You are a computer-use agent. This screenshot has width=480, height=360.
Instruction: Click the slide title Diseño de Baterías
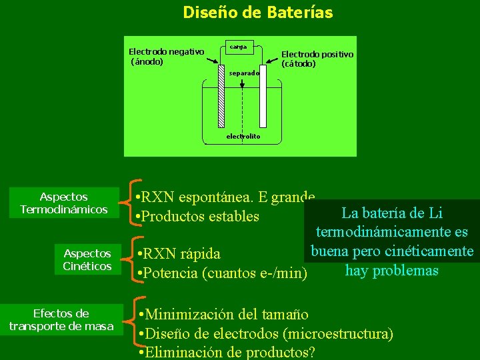(258, 12)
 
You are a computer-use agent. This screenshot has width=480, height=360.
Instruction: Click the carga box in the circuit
(238, 47)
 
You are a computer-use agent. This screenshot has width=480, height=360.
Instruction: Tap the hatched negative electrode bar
(221, 95)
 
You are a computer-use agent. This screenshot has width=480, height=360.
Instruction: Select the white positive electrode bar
(263, 95)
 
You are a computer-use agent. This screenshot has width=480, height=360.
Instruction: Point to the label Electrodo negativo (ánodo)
(166, 57)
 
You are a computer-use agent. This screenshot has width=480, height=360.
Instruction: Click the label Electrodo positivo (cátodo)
(317, 59)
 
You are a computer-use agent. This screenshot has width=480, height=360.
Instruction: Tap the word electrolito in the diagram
(243, 137)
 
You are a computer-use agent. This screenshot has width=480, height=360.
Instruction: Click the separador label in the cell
(243, 73)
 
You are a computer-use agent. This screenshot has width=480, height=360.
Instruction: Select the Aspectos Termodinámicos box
(64, 203)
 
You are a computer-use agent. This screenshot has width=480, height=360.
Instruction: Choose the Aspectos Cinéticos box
(87, 260)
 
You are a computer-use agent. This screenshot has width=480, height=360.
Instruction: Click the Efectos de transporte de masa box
(61, 319)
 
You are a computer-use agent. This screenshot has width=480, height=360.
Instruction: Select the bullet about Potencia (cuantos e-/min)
(221, 273)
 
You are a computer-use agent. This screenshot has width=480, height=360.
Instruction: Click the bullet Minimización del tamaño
(221, 314)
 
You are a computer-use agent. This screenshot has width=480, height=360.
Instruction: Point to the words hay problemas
(391, 271)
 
